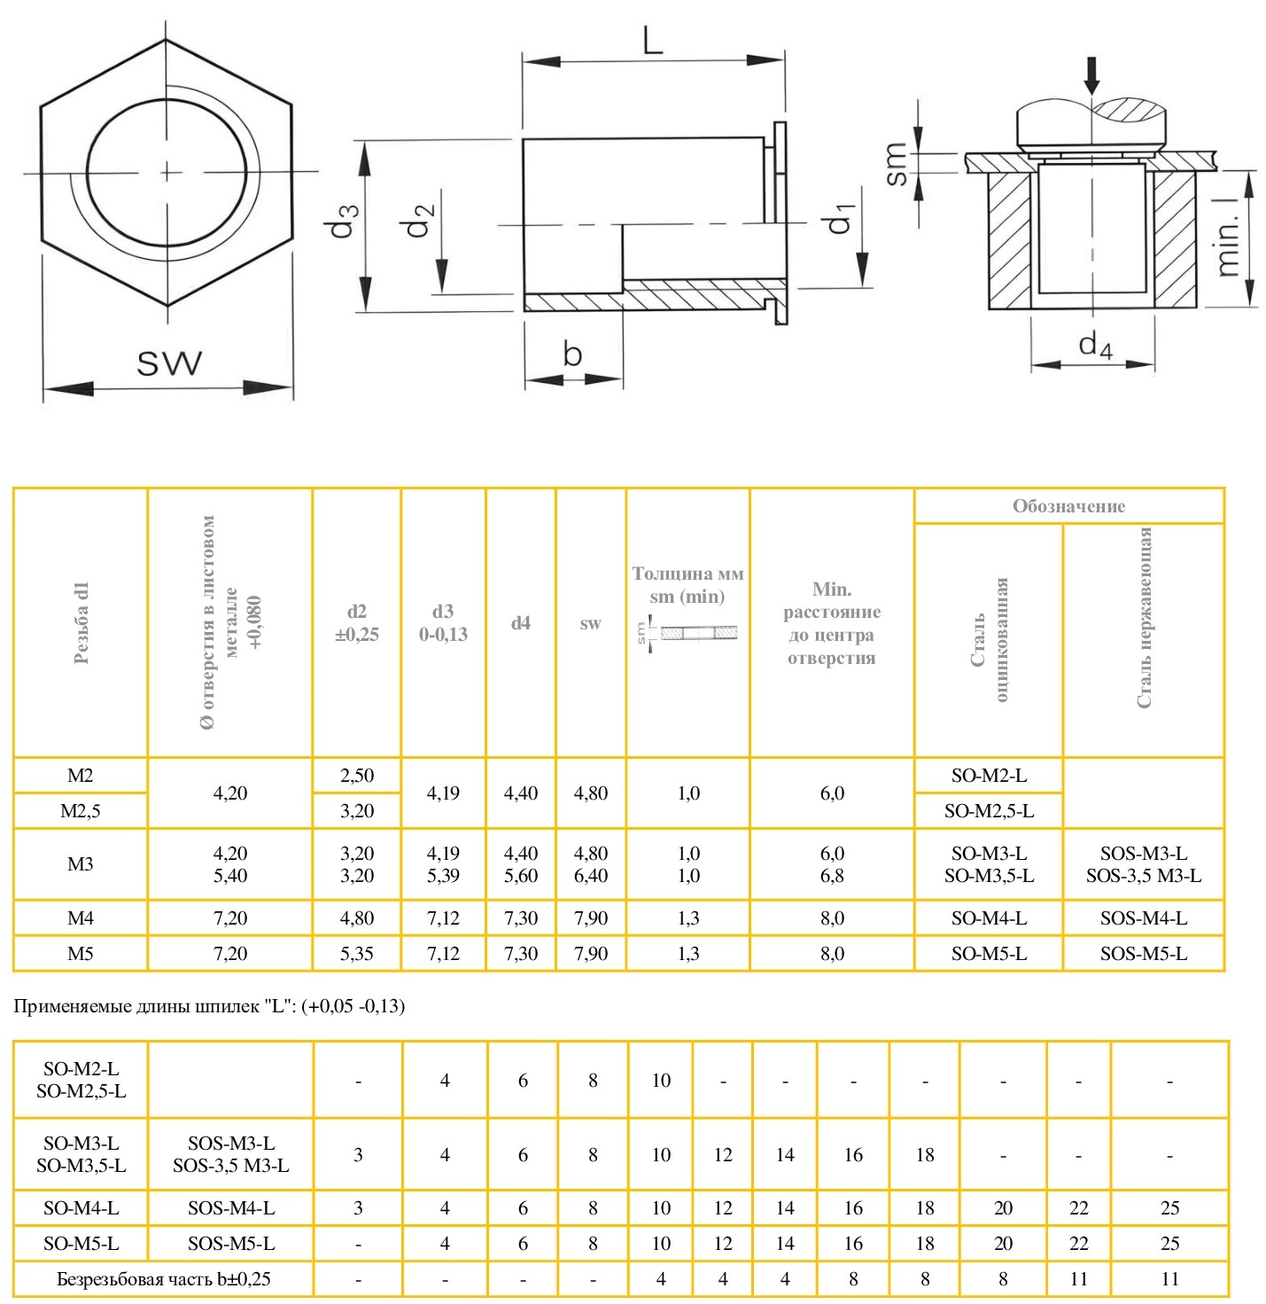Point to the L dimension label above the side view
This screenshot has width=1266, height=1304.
click(653, 40)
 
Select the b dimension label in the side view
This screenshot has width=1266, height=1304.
click(572, 354)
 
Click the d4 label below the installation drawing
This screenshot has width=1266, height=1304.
click(1095, 345)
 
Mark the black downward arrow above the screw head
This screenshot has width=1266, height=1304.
click(1091, 75)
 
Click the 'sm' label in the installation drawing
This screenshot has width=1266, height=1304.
click(896, 163)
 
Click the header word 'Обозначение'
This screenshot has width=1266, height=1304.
click(1068, 506)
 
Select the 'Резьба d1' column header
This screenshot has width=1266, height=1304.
click(82, 623)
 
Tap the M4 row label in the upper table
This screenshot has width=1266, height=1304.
click(80, 918)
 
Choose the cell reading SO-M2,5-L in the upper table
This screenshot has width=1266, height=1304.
click(989, 811)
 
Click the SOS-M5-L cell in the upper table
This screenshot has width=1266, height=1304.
click(1143, 954)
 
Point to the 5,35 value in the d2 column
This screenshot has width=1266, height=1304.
click(356, 954)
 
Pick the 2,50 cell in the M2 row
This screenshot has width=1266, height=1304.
click(356, 776)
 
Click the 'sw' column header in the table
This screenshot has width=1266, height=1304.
click(590, 623)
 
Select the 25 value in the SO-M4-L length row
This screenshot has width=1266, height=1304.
click(1169, 1207)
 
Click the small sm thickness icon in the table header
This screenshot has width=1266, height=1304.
click(687, 634)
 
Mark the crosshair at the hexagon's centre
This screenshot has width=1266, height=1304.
click(168, 171)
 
